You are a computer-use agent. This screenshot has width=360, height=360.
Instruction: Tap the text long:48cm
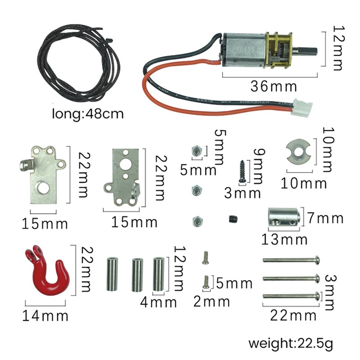point(88,113)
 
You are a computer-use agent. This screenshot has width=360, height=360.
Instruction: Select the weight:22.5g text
point(291,344)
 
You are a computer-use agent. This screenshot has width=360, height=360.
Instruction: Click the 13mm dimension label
point(284,239)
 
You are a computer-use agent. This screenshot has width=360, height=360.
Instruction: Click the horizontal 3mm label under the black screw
point(243,193)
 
